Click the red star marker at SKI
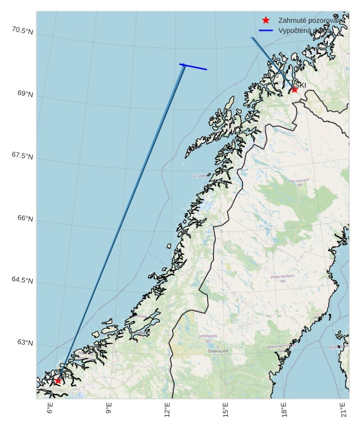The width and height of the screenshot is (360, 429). [294, 89]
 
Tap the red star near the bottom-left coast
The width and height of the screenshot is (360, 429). [58, 381]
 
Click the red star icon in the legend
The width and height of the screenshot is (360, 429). [266, 20]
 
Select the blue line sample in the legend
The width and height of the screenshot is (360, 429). [266, 30]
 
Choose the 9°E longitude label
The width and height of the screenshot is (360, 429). [109, 411]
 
